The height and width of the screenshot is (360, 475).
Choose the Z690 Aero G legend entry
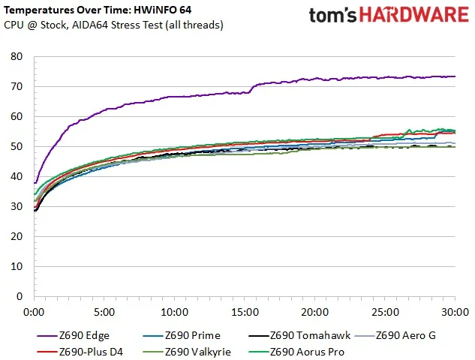(405, 335)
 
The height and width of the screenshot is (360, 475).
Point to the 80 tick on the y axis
(18, 57)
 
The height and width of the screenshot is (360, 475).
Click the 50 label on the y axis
(18, 147)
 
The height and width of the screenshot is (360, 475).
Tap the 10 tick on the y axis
(18, 266)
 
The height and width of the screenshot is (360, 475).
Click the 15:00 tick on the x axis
(245, 310)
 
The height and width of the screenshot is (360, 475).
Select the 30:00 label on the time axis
(455, 310)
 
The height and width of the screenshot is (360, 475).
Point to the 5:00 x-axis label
(104, 310)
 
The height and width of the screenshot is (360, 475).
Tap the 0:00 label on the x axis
(35, 310)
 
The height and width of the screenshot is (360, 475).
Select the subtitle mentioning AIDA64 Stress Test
(113, 25)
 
